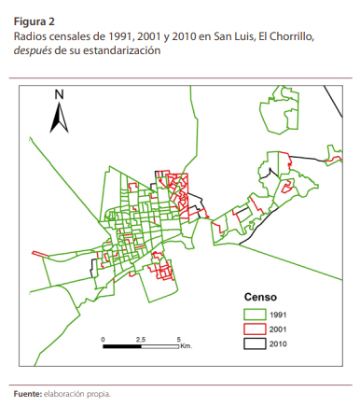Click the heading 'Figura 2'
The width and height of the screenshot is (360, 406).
click(x=34, y=19)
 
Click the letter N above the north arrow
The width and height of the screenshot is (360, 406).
click(x=59, y=95)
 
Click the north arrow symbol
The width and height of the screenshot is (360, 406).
click(x=59, y=117)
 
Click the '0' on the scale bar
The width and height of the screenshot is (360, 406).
click(x=104, y=338)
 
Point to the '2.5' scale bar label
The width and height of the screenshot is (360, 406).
click(x=140, y=338)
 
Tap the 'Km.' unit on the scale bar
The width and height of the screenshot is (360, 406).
click(x=186, y=346)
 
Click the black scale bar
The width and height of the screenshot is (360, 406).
click(x=140, y=346)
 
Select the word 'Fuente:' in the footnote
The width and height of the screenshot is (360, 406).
click(x=27, y=394)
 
